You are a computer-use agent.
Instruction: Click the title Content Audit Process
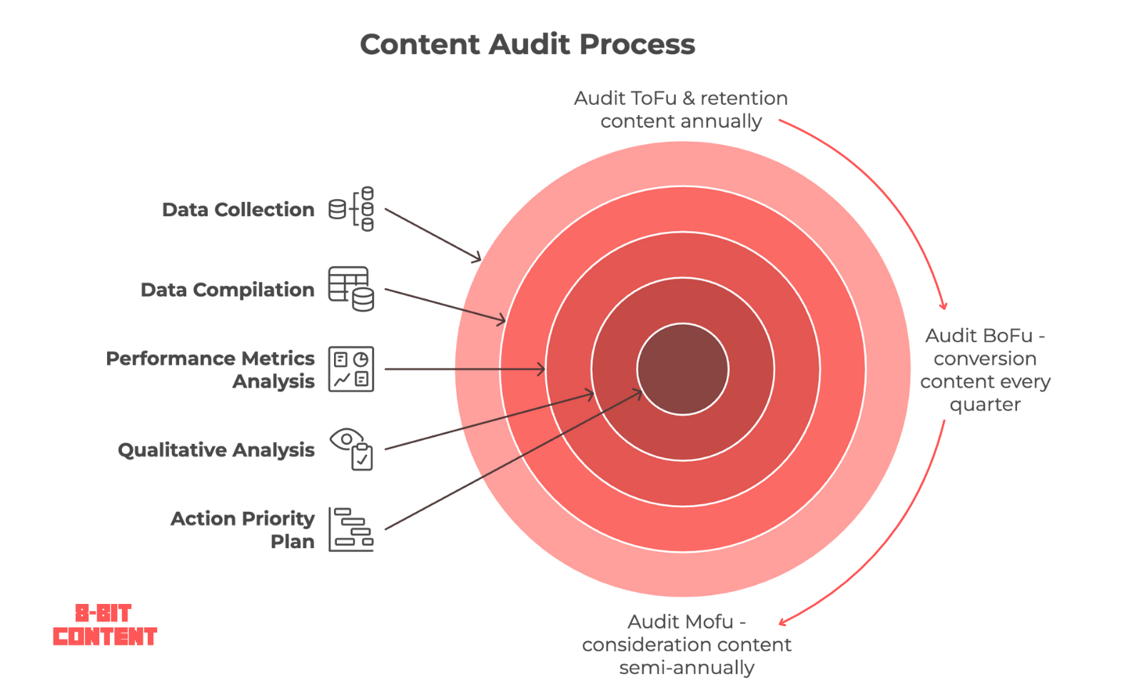click(x=527, y=44)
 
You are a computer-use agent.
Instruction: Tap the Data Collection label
click(x=238, y=210)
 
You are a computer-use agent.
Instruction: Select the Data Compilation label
click(x=228, y=290)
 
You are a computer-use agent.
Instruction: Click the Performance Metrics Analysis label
click(x=210, y=370)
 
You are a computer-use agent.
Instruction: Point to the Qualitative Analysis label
click(x=216, y=450)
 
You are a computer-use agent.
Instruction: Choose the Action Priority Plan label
click(x=243, y=530)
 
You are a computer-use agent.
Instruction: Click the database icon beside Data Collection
click(x=351, y=209)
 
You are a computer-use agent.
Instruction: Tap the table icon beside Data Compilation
click(x=351, y=288)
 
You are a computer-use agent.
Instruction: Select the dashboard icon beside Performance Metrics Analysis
click(x=351, y=369)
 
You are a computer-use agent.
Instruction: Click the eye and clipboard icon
click(x=351, y=449)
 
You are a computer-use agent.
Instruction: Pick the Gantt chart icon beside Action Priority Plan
click(x=351, y=529)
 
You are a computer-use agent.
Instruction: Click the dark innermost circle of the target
click(x=682, y=369)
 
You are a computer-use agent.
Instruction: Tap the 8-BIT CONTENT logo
click(x=105, y=625)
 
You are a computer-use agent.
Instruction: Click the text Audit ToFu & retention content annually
click(x=681, y=110)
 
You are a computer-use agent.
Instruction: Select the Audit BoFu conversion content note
click(x=985, y=370)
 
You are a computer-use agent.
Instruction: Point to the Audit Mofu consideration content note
click(x=687, y=645)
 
